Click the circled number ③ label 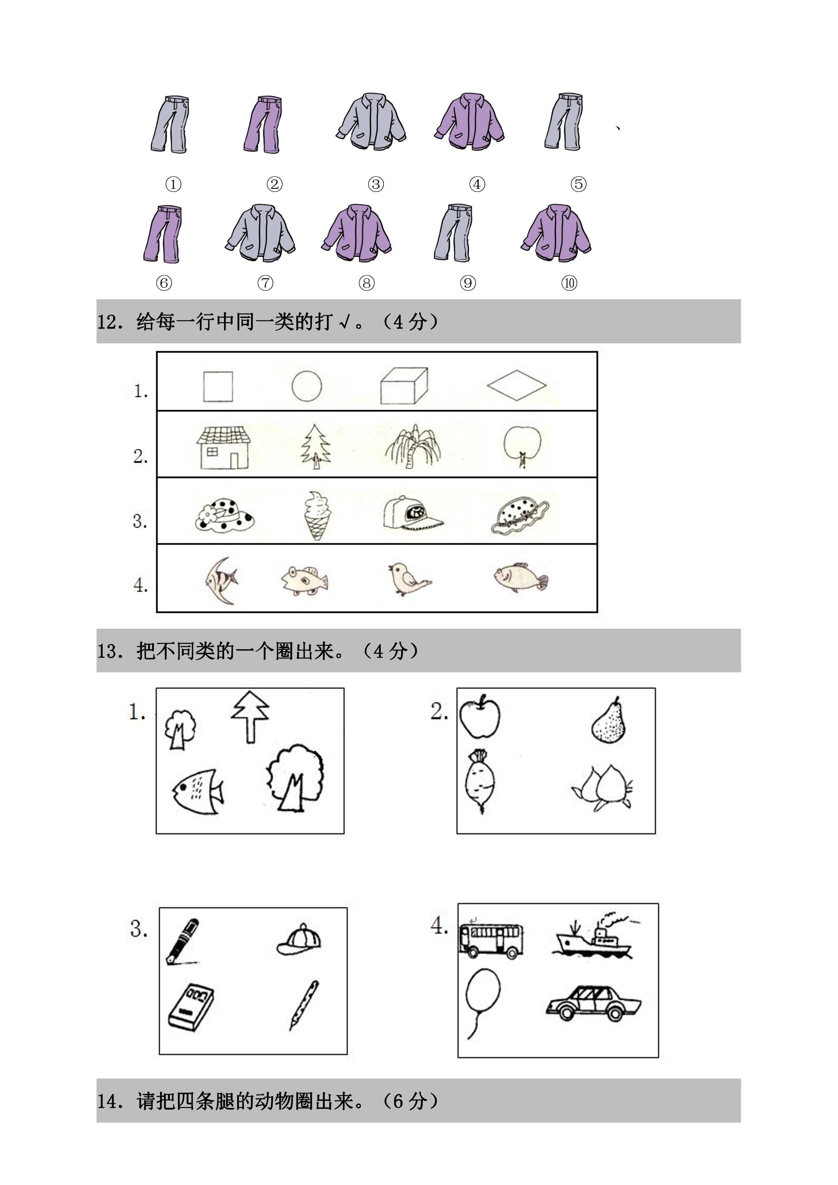click(375, 184)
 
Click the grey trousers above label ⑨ click(453, 232)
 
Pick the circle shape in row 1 click(306, 385)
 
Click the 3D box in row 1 click(404, 385)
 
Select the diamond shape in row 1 click(517, 385)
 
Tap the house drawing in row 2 click(224, 447)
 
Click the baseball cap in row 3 click(412, 513)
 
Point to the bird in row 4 click(409, 579)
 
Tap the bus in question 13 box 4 click(491, 941)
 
